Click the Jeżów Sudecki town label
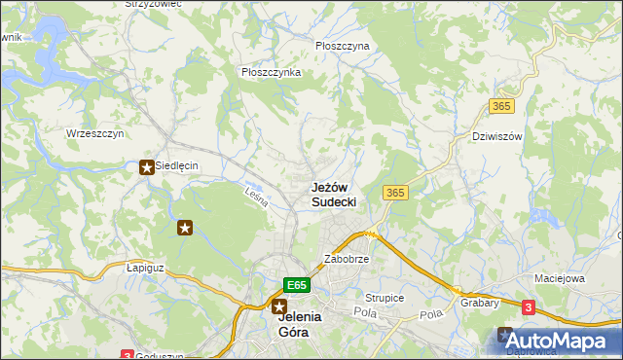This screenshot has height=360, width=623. [333, 194]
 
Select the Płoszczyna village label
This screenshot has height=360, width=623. [343, 45]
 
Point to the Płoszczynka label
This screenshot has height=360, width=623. [271, 72]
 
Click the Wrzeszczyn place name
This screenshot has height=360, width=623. [94, 133]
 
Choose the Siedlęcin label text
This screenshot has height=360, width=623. [176, 166]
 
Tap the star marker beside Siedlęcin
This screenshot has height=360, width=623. [147, 166]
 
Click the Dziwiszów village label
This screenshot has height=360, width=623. [496, 136]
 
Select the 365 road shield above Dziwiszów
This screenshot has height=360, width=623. [502, 105]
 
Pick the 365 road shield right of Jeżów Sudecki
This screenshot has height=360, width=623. [395, 193]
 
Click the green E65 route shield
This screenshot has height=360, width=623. [298, 285]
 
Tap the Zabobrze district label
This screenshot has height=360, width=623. [346, 260]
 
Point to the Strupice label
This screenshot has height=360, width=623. [385, 298]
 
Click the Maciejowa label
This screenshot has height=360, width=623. [559, 278]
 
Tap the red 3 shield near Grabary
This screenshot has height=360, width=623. [528, 307]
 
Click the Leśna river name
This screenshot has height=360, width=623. [256, 196]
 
